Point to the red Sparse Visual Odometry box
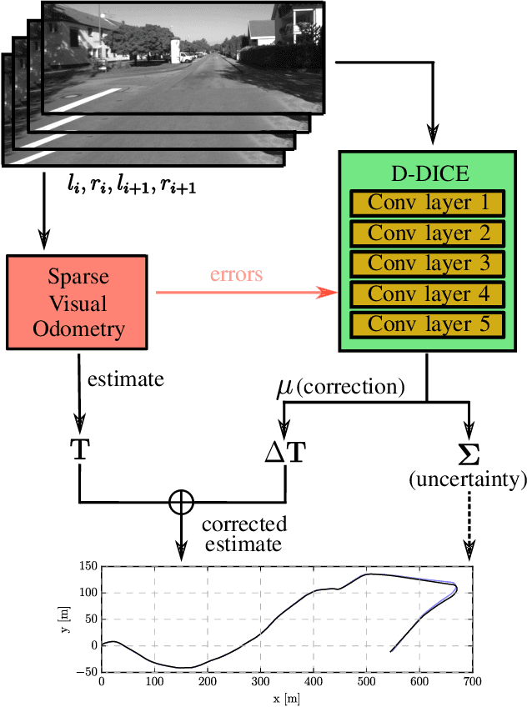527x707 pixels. [78, 302]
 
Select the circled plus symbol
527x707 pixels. [181, 501]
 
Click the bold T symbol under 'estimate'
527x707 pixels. [78, 453]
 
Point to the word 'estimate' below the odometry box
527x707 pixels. [126, 379]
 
